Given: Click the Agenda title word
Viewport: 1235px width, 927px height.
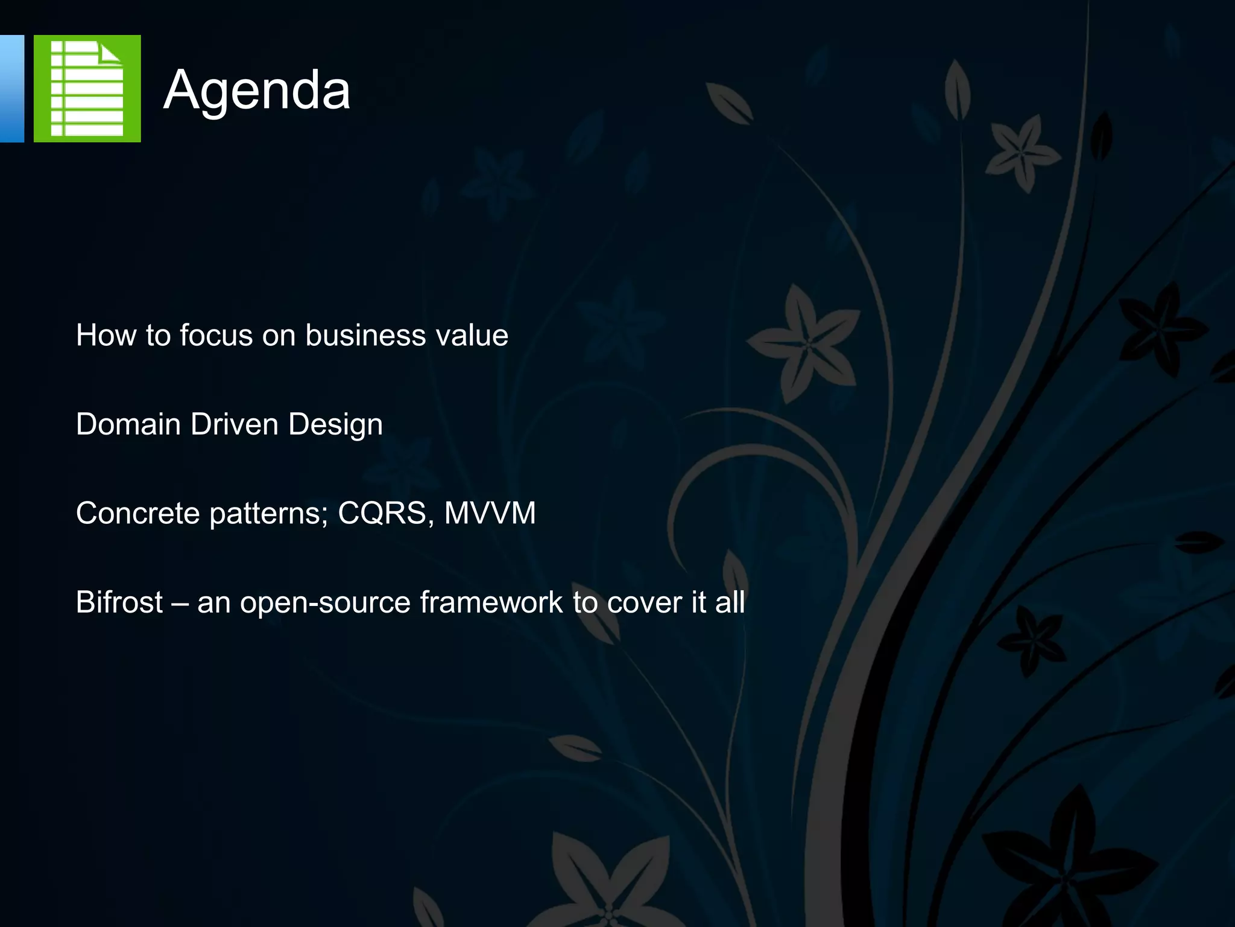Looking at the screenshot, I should click(x=257, y=91).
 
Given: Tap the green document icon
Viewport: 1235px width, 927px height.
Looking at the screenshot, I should click(x=87, y=89).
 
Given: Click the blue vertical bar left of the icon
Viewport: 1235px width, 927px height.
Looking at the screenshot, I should click(x=11, y=89).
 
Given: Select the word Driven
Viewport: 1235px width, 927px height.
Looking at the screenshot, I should click(x=234, y=424).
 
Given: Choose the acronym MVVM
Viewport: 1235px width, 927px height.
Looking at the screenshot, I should click(x=490, y=514).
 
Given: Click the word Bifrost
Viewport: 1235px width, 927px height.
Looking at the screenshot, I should click(x=119, y=602).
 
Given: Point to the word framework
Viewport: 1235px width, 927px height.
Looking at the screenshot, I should click(x=491, y=602).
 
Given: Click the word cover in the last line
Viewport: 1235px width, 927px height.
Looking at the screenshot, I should click(x=644, y=602).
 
